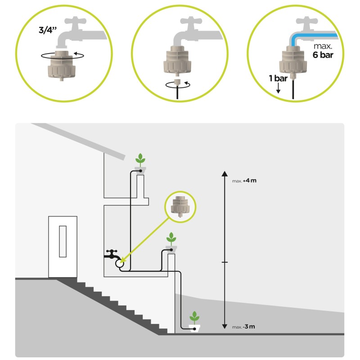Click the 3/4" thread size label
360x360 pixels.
[x=48, y=30]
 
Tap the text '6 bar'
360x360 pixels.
[x=323, y=55]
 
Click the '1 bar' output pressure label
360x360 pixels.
[x=278, y=78]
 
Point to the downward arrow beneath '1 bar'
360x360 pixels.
[x=278, y=88]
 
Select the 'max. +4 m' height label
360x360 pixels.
[x=244, y=181]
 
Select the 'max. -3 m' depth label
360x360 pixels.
[x=243, y=327]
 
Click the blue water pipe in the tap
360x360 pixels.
[x=312, y=38]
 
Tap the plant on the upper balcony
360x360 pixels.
[x=140, y=160]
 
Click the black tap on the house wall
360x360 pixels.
[x=112, y=254]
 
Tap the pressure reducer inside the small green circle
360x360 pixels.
[x=180, y=206]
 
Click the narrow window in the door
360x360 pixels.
[x=63, y=241]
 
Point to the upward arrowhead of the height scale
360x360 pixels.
[x=225, y=174]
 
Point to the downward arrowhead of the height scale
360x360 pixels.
[x=225, y=326]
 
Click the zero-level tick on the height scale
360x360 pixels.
[x=225, y=262]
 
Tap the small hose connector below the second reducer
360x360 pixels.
[x=177, y=82]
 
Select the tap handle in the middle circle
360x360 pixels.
[x=191, y=21]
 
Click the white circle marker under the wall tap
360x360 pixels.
[x=119, y=264]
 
